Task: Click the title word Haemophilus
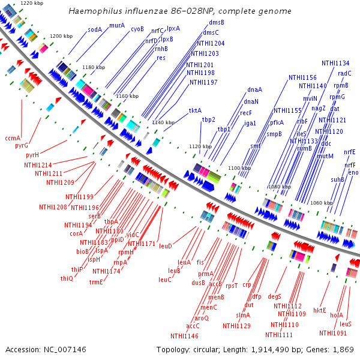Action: (x=93, y=11)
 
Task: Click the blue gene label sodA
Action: (x=95, y=29)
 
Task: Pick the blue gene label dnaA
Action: (x=254, y=90)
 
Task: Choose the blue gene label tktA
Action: (x=195, y=110)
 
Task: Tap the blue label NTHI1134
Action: (x=335, y=63)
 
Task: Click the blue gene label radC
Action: (x=345, y=73)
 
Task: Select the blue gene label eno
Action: (x=353, y=172)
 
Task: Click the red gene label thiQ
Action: (x=66, y=278)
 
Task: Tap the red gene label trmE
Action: (x=97, y=282)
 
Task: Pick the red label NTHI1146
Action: (x=184, y=336)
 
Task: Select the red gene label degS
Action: (x=275, y=296)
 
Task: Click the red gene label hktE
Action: (x=319, y=310)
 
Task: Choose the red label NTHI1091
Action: (x=333, y=333)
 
